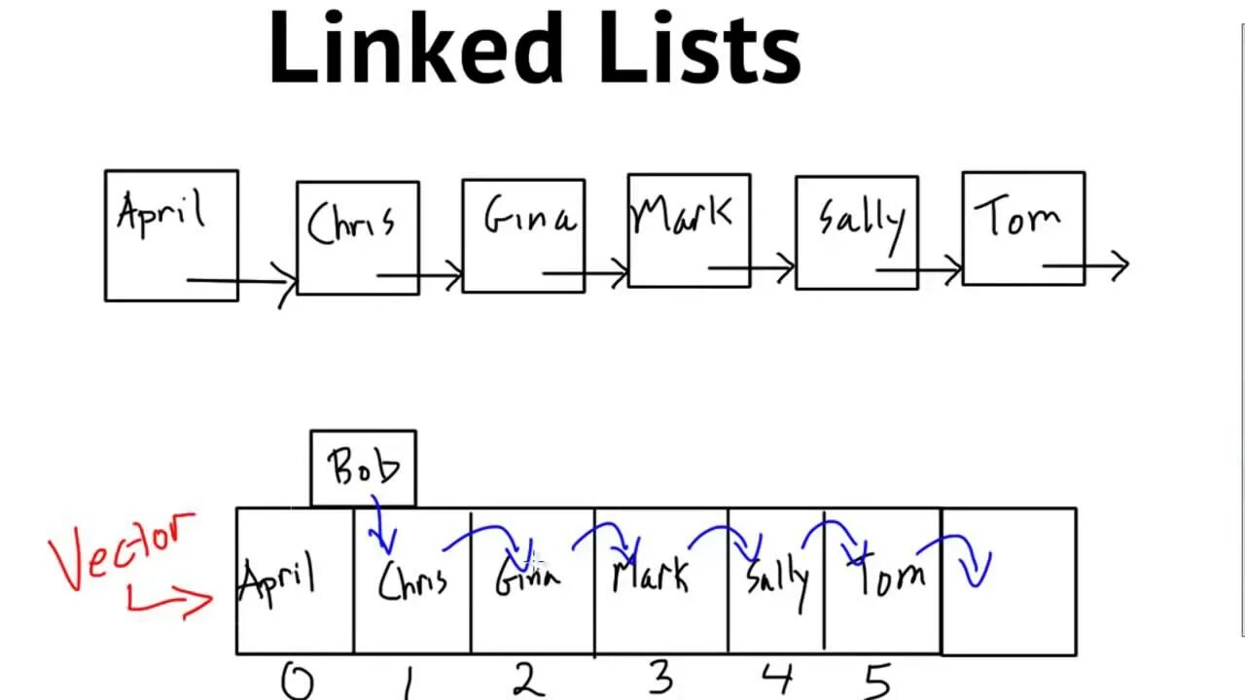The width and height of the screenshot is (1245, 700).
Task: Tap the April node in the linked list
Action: coord(171,235)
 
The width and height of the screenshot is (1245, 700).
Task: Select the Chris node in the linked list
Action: coord(358,237)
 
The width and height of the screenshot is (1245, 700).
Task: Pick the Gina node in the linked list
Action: coord(523,235)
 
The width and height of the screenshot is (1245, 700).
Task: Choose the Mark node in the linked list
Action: coord(689,230)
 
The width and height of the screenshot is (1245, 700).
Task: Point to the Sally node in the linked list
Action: coord(856,232)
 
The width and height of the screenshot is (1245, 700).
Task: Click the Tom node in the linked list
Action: coord(1023,228)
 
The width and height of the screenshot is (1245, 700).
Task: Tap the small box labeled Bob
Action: coord(363,468)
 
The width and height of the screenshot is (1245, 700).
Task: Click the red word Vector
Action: coord(123,548)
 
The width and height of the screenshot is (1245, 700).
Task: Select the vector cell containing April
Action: coord(294,580)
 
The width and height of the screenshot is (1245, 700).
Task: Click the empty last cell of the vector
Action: coord(1009,580)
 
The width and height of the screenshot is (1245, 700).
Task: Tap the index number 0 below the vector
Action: coord(297,682)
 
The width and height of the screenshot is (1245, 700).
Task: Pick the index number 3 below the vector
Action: coord(661,679)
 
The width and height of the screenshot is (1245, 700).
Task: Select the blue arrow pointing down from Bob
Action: coord(381,528)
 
